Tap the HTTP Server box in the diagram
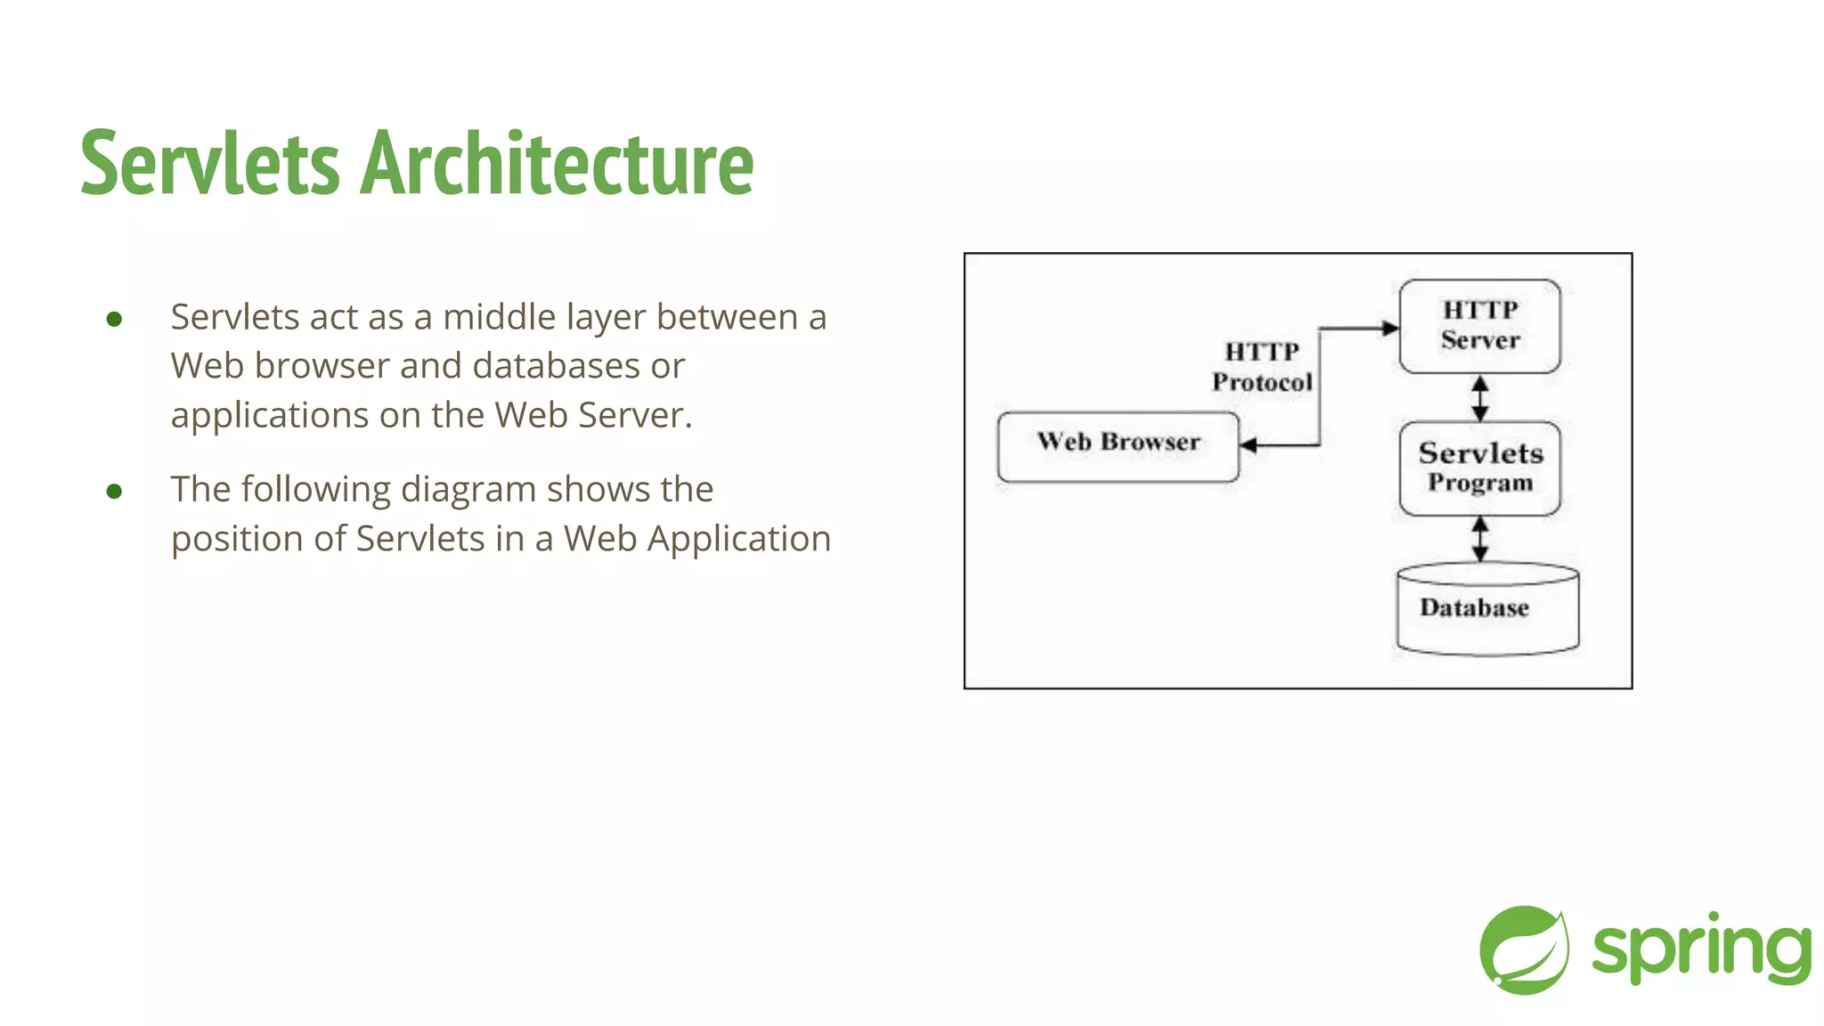1479,326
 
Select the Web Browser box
1118,446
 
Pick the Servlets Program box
1479,468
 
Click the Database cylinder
1487,609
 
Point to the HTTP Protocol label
1261,367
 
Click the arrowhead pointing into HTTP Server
1389,329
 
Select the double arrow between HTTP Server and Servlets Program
1479,398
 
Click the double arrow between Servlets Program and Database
1479,539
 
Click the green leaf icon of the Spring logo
1524,949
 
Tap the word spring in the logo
1701,949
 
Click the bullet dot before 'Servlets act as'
114,319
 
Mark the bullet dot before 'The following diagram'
114,491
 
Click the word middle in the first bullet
500,317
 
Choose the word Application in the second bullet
738,539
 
